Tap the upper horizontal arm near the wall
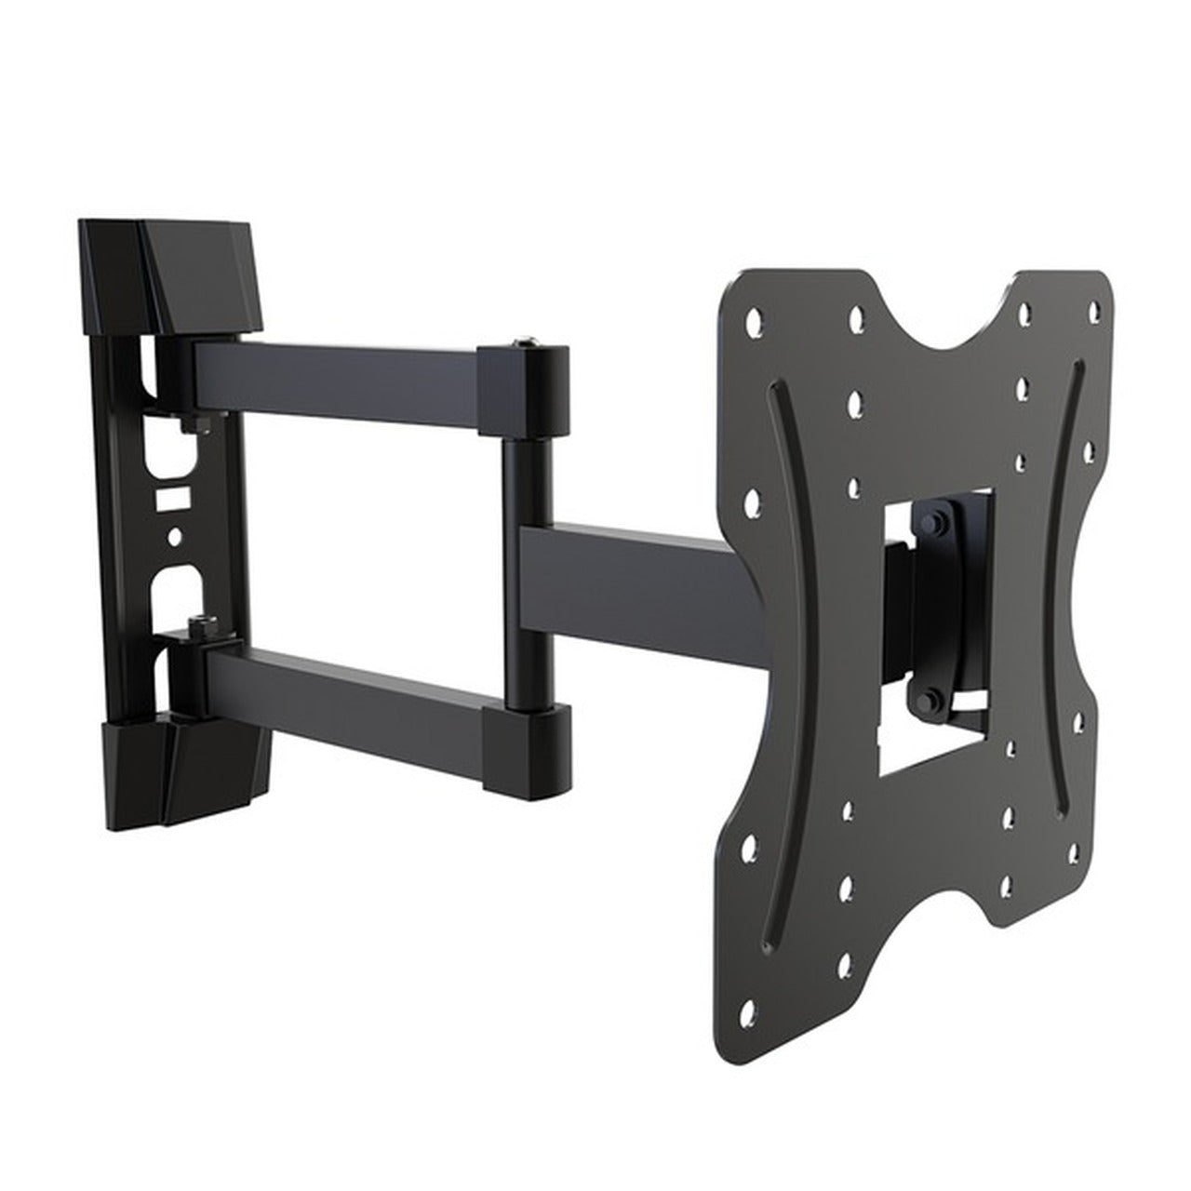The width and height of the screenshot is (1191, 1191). coord(335,381)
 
